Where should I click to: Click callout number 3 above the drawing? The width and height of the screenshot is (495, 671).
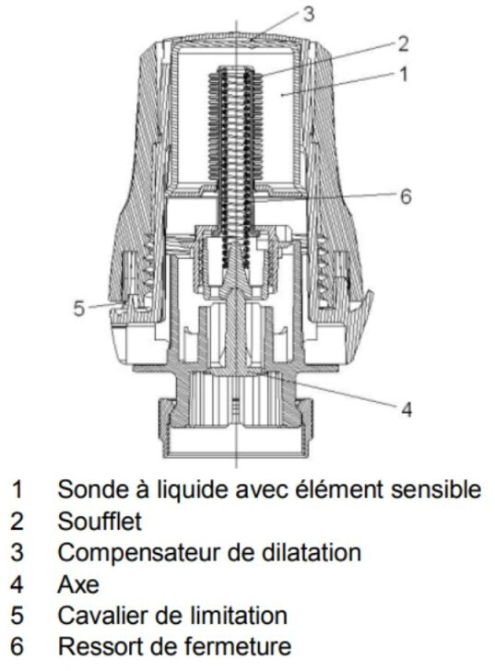[x=309, y=14]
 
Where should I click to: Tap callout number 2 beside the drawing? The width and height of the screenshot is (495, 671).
[x=403, y=44]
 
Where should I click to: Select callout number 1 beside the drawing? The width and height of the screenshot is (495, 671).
[x=403, y=74]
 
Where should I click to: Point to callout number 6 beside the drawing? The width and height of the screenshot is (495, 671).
[x=406, y=196]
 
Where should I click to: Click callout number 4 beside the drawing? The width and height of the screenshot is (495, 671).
[x=407, y=409]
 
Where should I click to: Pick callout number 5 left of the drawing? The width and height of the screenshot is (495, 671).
[x=79, y=309]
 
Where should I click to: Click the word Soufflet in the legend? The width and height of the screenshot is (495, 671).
[x=100, y=522]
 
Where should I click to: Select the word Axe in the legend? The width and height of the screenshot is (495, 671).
[x=78, y=584]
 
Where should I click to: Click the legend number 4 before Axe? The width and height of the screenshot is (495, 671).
[x=18, y=584]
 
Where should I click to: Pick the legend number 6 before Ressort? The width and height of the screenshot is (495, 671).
[x=18, y=647]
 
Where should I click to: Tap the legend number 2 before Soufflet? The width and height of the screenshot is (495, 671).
[x=18, y=522]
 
